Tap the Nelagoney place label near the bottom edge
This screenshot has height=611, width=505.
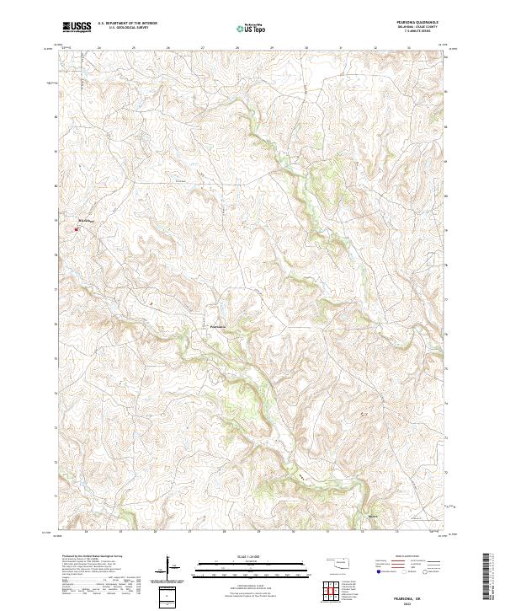click(374, 516)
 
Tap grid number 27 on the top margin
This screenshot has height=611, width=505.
click(203, 48)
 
